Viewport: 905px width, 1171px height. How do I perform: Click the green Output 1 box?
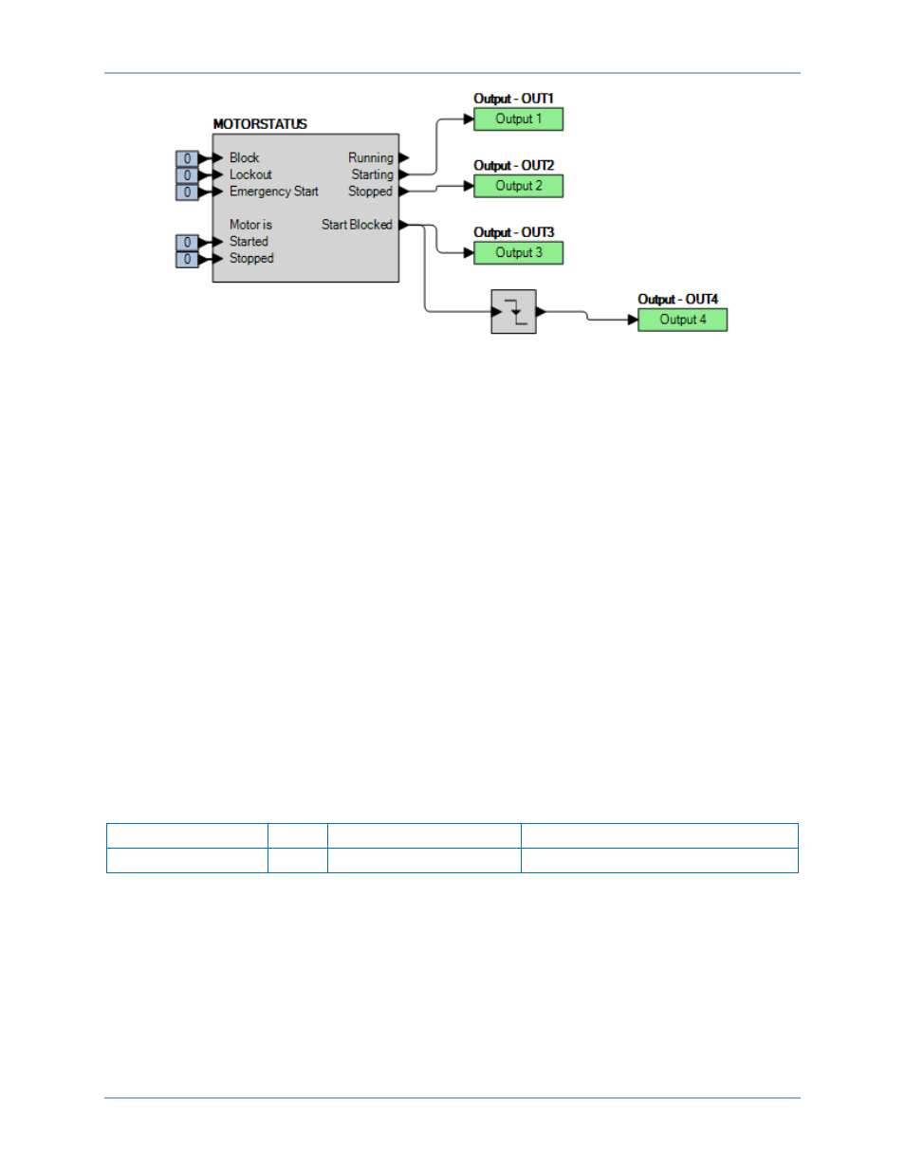[x=518, y=119]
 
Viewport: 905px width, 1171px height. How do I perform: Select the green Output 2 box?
[x=518, y=186]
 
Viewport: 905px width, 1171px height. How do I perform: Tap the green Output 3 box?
[x=518, y=253]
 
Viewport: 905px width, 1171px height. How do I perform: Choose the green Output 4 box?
[x=682, y=320]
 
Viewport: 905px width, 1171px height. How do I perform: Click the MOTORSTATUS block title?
[x=260, y=124]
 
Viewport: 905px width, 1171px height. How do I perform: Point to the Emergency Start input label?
[x=273, y=192]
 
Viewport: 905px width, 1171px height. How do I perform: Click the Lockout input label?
[x=250, y=174]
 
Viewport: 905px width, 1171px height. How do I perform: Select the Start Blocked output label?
[x=357, y=225]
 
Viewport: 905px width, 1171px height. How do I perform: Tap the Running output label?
[x=370, y=158]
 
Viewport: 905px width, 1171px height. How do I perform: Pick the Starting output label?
[x=372, y=174]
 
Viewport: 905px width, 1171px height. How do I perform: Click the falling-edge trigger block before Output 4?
[x=513, y=312]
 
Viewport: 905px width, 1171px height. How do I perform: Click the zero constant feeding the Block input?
[x=187, y=158]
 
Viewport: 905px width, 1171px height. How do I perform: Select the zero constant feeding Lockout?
[x=187, y=175]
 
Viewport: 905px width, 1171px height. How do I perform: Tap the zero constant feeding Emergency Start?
[x=187, y=192]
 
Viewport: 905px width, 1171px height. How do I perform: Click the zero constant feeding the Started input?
[x=187, y=243]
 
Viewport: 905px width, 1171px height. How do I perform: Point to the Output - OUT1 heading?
[x=513, y=99]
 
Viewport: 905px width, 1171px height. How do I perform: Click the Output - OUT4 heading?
[x=677, y=300]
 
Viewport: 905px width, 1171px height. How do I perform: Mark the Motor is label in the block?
[x=250, y=225]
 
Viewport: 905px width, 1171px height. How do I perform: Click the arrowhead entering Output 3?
[x=469, y=253]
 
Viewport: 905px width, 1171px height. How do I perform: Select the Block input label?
[x=244, y=158]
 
